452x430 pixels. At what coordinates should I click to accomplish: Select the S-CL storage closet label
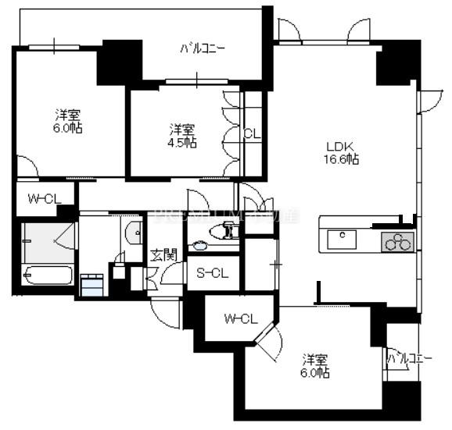(x=212, y=273)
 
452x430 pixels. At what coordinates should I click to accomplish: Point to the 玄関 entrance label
(x=163, y=254)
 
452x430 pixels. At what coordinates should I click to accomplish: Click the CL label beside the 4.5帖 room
(x=251, y=133)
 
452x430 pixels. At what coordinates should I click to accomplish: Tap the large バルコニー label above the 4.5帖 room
(x=203, y=48)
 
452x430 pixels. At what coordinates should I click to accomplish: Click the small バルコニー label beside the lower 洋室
(x=409, y=359)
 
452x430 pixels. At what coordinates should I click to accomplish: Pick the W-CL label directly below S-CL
(x=240, y=318)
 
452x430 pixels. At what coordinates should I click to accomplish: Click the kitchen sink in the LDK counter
(x=343, y=239)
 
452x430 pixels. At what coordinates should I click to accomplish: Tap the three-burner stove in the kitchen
(x=396, y=242)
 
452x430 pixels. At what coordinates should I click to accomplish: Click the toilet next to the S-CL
(x=227, y=230)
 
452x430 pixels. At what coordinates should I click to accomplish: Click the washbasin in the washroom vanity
(x=133, y=231)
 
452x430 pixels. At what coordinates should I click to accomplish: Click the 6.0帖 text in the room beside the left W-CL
(x=70, y=127)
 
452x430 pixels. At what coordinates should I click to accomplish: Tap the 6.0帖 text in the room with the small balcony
(x=317, y=373)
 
